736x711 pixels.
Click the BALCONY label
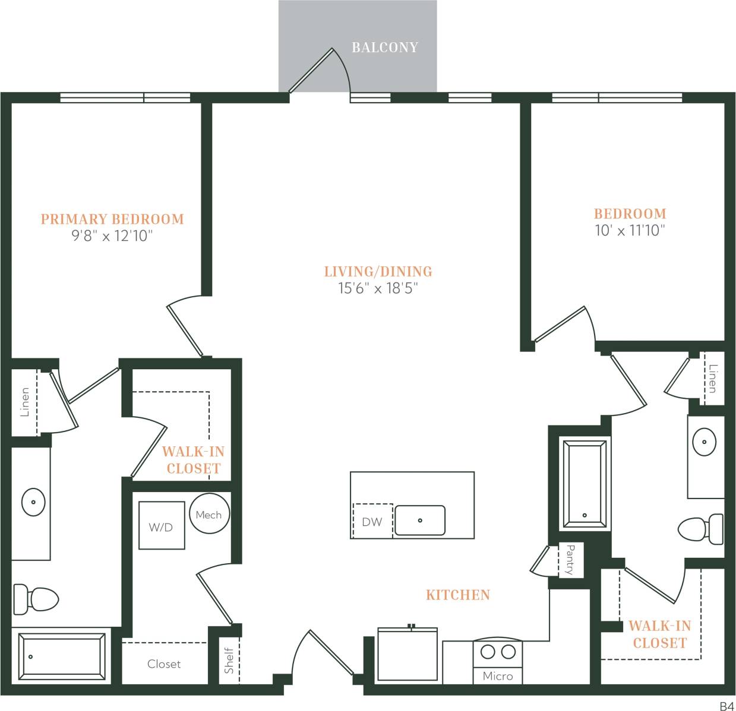pyautogui.click(x=385, y=47)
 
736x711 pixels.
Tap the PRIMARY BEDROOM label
pyautogui.click(x=112, y=219)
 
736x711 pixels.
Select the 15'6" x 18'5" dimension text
pyautogui.click(x=378, y=289)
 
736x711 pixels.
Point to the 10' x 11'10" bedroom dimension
pyautogui.click(x=630, y=231)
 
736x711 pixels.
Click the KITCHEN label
pyautogui.click(x=458, y=595)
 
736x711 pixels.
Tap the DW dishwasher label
pyautogui.click(x=372, y=522)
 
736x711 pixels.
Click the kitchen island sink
pyautogui.click(x=420, y=520)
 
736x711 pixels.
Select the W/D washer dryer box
pyautogui.click(x=161, y=526)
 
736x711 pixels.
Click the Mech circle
pyautogui.click(x=209, y=515)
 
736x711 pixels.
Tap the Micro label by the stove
pyautogui.click(x=498, y=676)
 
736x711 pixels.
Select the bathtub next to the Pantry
pyautogui.click(x=585, y=483)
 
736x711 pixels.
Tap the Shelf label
pyautogui.click(x=229, y=660)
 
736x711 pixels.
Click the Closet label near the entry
pyautogui.click(x=164, y=664)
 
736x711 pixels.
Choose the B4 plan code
pyautogui.click(x=726, y=705)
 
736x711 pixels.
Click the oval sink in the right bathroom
pyautogui.click(x=705, y=442)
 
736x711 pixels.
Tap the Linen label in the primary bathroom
pyautogui.click(x=24, y=402)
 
